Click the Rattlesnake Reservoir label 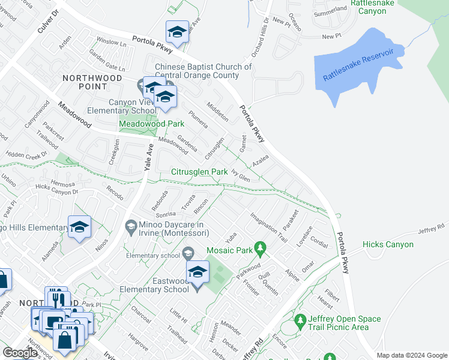coord(358,65)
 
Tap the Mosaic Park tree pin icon coord(260,247)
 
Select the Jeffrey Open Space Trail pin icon coord(301,323)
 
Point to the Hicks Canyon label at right coord(388,245)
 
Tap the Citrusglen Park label coord(199,172)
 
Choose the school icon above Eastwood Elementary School coord(197,272)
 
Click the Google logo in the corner coord(20,352)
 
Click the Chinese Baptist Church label coord(203,71)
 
